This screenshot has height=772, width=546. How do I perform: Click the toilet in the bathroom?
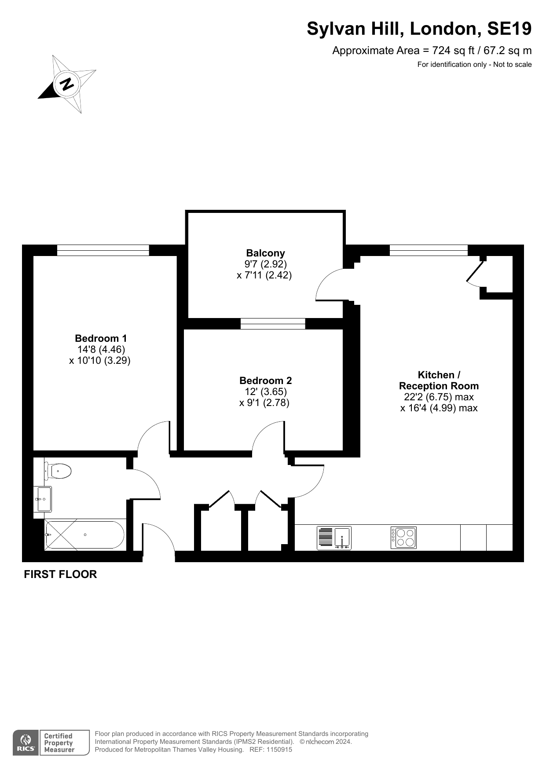click(x=58, y=471)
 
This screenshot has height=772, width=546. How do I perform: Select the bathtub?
click(x=84, y=534)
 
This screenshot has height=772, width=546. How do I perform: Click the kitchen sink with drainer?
click(x=334, y=538)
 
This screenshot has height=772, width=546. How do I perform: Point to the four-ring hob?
click(x=403, y=538)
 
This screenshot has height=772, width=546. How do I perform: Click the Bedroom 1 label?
click(x=101, y=338)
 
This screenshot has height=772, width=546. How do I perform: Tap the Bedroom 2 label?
click(x=265, y=381)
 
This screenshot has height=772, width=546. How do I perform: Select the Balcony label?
click(x=265, y=253)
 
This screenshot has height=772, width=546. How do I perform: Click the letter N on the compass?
click(x=67, y=84)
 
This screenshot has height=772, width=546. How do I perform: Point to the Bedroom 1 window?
click(x=103, y=250)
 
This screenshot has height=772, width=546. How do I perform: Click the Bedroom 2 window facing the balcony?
click(x=273, y=323)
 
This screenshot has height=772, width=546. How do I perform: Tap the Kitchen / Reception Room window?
click(x=429, y=250)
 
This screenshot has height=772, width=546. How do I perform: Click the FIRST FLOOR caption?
click(x=60, y=574)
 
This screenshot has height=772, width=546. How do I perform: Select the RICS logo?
click(x=26, y=743)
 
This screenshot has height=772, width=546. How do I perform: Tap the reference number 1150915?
click(x=277, y=750)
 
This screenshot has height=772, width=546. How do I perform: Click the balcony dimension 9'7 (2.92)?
click(x=266, y=264)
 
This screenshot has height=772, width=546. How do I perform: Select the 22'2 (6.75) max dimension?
click(x=439, y=397)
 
